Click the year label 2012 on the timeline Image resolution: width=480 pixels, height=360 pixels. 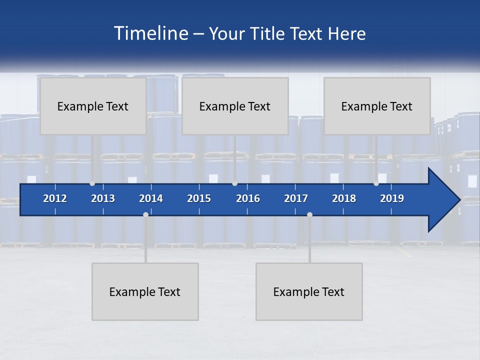pyautogui.click(x=55, y=198)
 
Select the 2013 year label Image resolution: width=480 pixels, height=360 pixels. pyautogui.click(x=103, y=198)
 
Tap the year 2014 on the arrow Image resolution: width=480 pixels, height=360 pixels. pyautogui.click(x=151, y=198)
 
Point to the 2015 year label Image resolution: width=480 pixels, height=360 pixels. pyautogui.click(x=199, y=198)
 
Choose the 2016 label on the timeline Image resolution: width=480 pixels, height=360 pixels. pyautogui.click(x=248, y=198)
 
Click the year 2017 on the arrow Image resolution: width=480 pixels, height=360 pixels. pyautogui.click(x=296, y=198)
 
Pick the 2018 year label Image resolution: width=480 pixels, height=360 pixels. pyautogui.click(x=344, y=198)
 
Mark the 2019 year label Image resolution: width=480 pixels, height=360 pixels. pyautogui.click(x=392, y=198)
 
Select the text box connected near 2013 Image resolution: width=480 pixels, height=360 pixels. pyautogui.click(x=93, y=106)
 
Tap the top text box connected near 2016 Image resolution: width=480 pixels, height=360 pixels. pyautogui.click(x=235, y=106)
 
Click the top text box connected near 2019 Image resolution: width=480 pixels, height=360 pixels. pyautogui.click(x=377, y=106)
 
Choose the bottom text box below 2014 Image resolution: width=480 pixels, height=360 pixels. pyautogui.click(x=145, y=291)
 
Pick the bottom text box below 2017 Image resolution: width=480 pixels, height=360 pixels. pyautogui.click(x=309, y=291)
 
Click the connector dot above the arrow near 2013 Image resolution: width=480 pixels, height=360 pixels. pyautogui.click(x=92, y=183)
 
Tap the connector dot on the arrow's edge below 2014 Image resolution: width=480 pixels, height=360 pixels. pyautogui.click(x=145, y=214)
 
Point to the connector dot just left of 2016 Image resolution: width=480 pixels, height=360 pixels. pyautogui.click(x=234, y=183)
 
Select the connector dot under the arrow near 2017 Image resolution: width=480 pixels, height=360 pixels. pyautogui.click(x=309, y=214)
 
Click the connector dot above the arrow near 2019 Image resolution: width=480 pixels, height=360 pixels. pyautogui.click(x=376, y=183)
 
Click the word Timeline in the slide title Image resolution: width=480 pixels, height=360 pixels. pyautogui.click(x=150, y=33)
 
